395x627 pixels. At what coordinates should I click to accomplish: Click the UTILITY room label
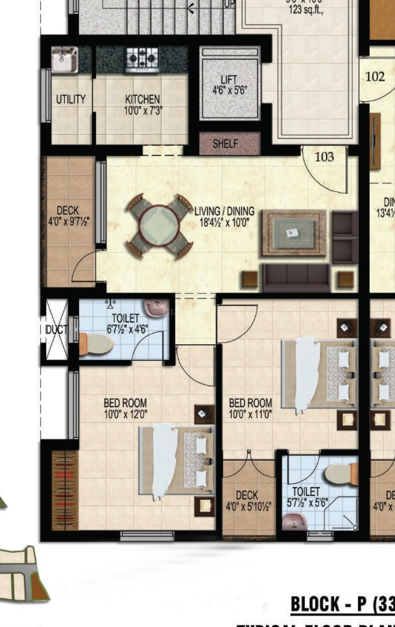[x=71, y=99]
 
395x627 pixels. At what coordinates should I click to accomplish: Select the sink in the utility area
[x=64, y=59]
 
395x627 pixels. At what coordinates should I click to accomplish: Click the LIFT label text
[x=229, y=80]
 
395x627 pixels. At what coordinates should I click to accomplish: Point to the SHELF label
[x=225, y=144]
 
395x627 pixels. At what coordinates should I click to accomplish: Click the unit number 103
[x=324, y=157]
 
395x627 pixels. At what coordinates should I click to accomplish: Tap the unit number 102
[x=375, y=76]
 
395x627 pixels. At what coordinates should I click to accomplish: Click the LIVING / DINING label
[x=224, y=211]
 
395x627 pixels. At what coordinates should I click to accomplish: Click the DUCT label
[x=56, y=330]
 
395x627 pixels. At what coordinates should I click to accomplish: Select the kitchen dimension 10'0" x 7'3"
[x=143, y=111]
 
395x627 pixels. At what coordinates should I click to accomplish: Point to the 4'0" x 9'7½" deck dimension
[x=68, y=222]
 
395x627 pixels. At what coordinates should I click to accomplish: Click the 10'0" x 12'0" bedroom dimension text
[x=125, y=415]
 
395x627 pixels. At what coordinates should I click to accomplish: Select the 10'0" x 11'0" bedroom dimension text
[x=250, y=415]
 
